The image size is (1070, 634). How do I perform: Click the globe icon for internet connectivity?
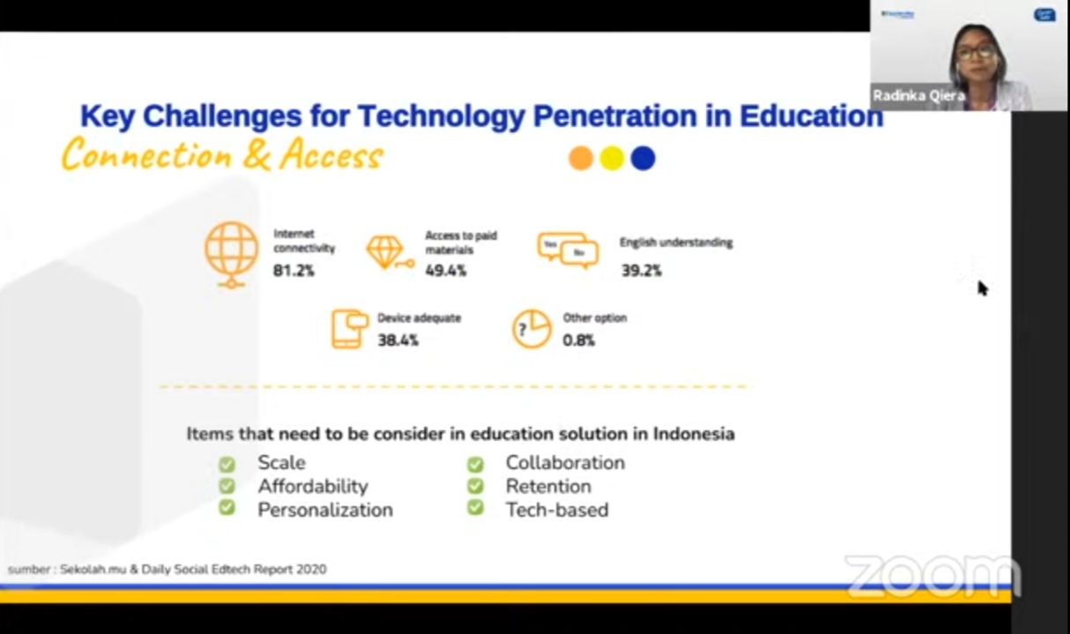tap(232, 254)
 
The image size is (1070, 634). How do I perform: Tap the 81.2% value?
tap(294, 271)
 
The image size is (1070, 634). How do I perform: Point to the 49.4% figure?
tap(446, 271)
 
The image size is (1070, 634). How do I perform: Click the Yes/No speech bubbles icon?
tap(568, 250)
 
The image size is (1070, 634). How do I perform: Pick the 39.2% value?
tap(642, 271)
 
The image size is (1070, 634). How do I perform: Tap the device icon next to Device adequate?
tap(350, 329)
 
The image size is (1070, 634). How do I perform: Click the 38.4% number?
tap(398, 340)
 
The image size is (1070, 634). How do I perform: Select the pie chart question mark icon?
tap(531, 329)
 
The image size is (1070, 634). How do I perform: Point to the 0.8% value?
tap(578, 340)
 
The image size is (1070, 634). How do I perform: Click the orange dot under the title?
tap(581, 158)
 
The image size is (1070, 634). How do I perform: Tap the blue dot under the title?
tap(643, 158)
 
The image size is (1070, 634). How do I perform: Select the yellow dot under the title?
tap(612, 158)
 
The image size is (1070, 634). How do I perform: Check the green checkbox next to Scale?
tap(227, 464)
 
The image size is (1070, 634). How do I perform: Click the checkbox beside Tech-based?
tap(475, 507)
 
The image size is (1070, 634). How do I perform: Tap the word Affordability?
tap(313, 487)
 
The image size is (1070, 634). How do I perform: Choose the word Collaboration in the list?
tap(565, 462)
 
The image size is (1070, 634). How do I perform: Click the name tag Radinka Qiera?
tap(919, 96)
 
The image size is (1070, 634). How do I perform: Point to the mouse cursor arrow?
tap(983, 288)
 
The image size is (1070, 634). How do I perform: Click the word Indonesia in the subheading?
tap(694, 434)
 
